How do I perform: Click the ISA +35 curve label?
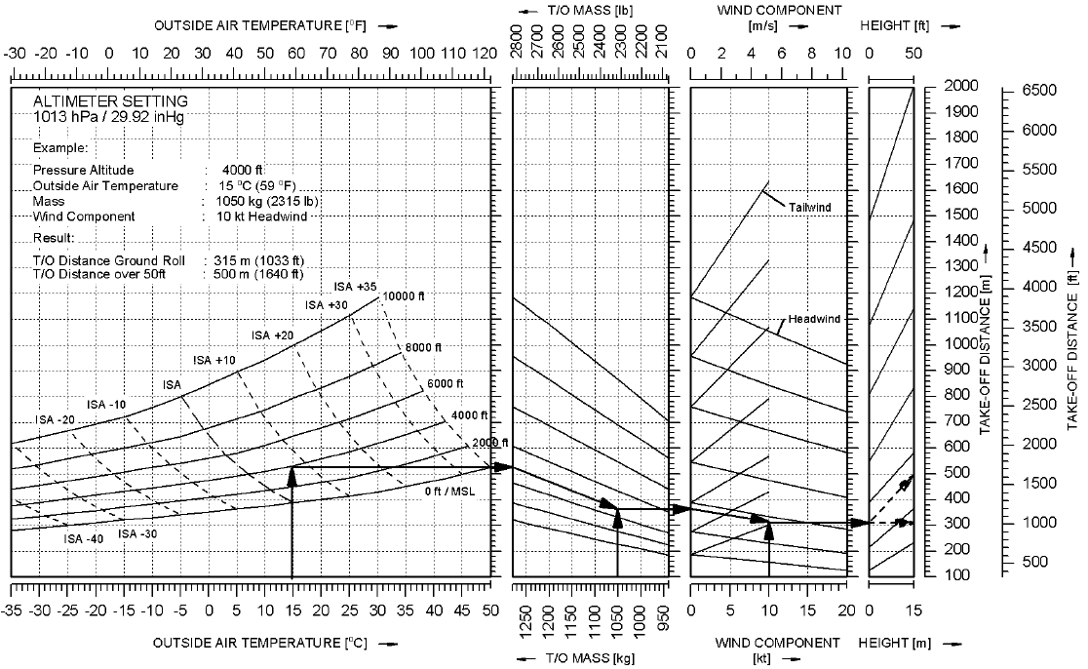(x=355, y=287)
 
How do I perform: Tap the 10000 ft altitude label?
(x=404, y=296)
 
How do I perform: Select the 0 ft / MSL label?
(x=449, y=492)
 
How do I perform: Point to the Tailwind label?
(x=810, y=207)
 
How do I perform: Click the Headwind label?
(x=814, y=319)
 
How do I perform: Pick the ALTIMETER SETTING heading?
(x=110, y=101)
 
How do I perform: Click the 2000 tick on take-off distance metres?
(x=961, y=86)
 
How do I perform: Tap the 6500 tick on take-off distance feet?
(x=1039, y=91)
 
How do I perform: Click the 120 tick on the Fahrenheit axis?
(x=486, y=54)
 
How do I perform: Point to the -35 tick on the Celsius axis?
(x=12, y=610)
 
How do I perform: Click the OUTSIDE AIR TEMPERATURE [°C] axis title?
(x=259, y=644)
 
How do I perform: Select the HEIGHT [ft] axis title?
(x=894, y=25)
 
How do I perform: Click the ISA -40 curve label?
(x=83, y=539)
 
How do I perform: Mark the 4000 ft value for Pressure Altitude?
(x=242, y=170)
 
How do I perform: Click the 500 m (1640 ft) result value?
(x=258, y=274)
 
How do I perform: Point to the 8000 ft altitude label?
(x=423, y=348)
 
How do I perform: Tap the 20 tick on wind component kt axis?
(x=846, y=610)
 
